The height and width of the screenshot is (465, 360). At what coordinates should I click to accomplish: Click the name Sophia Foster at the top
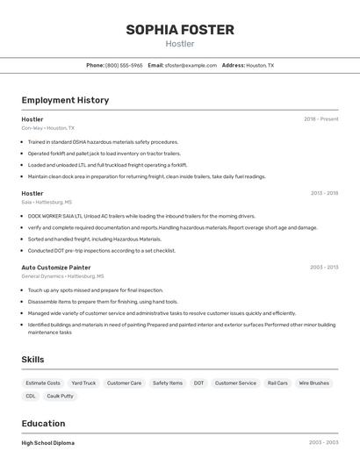point(180,30)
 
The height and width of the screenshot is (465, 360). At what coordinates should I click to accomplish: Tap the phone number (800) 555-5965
point(124,66)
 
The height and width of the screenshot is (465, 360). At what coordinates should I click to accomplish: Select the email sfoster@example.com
point(191,66)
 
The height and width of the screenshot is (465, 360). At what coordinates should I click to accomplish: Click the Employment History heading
point(65,100)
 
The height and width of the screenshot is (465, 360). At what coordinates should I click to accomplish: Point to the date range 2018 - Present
point(320,119)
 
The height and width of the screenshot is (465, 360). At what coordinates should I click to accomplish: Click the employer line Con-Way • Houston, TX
point(48,128)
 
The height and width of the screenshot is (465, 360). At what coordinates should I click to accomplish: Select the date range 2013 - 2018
point(324,193)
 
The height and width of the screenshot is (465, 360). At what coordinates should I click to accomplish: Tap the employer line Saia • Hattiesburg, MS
point(47,202)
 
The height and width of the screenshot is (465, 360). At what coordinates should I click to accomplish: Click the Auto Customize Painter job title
point(56,267)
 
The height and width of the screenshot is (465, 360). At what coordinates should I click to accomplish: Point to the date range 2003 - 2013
point(324,267)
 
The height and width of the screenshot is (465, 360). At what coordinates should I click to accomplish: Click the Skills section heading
point(33,360)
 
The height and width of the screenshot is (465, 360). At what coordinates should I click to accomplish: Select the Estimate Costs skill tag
point(43,383)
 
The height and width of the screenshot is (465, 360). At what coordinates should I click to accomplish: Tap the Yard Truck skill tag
point(83,383)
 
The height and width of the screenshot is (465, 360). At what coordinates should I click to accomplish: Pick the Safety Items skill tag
point(168,383)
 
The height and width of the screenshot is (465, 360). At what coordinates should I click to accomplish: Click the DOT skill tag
point(199,383)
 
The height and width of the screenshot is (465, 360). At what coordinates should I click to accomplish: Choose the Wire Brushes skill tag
point(313,383)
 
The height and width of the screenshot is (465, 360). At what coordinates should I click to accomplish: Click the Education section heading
point(44,423)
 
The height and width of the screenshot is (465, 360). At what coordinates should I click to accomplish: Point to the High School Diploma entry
point(48,443)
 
